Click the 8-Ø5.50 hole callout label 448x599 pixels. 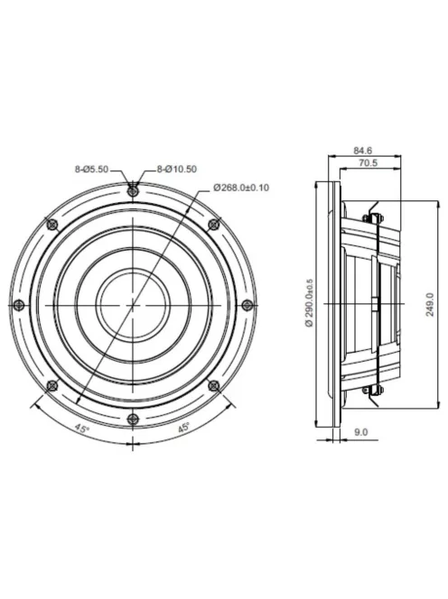91,169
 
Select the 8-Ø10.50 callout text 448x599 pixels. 177,169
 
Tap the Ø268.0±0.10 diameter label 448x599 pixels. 241,188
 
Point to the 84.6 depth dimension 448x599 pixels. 363,151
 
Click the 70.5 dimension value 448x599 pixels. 368,163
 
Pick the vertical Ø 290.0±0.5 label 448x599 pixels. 310,303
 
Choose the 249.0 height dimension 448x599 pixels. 431,305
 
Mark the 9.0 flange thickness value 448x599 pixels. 361,432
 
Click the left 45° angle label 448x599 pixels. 81,429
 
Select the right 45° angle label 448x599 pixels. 183,428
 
